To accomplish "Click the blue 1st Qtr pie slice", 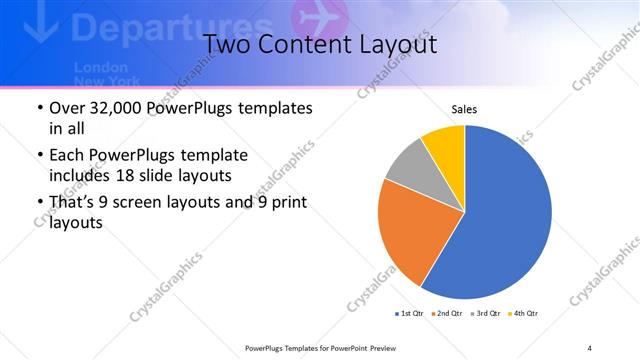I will click(500, 220).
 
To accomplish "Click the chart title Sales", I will click(464, 108).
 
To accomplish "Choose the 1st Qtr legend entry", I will click(410, 314).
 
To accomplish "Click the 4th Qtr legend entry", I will click(526, 314).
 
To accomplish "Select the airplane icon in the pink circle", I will click(315, 20).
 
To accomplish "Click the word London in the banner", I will click(96, 66).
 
